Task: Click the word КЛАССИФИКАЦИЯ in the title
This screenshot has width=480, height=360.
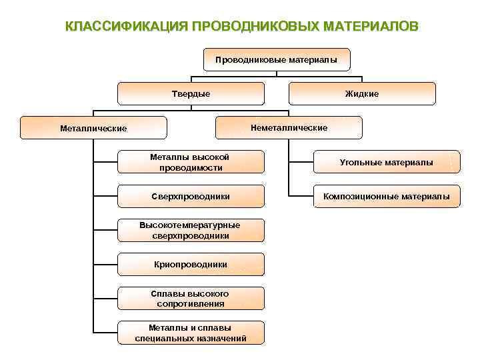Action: click(x=125, y=26)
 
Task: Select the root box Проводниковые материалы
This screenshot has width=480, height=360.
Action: click(x=276, y=59)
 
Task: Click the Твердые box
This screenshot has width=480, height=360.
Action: click(x=191, y=94)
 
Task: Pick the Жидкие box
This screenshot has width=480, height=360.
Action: click(x=362, y=94)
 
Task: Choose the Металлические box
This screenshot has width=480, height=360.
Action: click(x=93, y=128)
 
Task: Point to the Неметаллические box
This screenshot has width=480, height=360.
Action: click(x=289, y=127)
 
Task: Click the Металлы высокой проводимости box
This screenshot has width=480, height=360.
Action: click(x=191, y=162)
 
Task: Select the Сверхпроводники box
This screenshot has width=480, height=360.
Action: click(x=191, y=197)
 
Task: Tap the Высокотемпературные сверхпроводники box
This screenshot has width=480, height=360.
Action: click(x=191, y=230)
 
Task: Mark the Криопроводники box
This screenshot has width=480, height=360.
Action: click(x=191, y=265)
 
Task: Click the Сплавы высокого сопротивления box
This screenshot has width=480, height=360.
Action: click(x=191, y=299)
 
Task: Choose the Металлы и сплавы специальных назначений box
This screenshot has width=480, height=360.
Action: click(x=191, y=333)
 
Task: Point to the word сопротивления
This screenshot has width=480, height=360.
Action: click(x=191, y=304)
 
